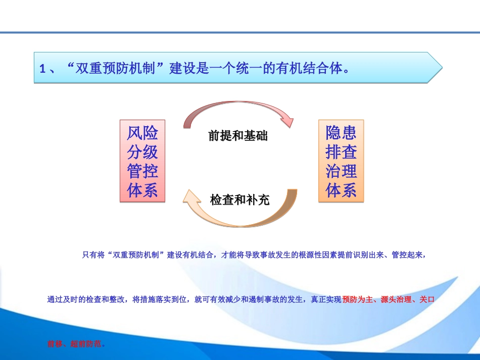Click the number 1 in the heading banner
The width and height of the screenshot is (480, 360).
point(43,69)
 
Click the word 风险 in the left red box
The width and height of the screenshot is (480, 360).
point(142,133)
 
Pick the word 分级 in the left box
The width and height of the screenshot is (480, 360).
point(142,152)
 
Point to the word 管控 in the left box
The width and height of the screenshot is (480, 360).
point(142,171)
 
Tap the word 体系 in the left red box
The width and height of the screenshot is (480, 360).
point(142,190)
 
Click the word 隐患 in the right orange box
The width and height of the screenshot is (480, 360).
point(341,133)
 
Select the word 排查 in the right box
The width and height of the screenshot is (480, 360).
point(341,152)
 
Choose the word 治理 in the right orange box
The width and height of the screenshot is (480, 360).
point(341,171)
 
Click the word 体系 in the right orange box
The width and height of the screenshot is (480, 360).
point(341,190)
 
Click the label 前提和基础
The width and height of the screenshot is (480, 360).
point(238,136)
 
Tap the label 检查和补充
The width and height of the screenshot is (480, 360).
point(239,200)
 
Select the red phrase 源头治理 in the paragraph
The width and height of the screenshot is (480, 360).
point(396,299)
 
